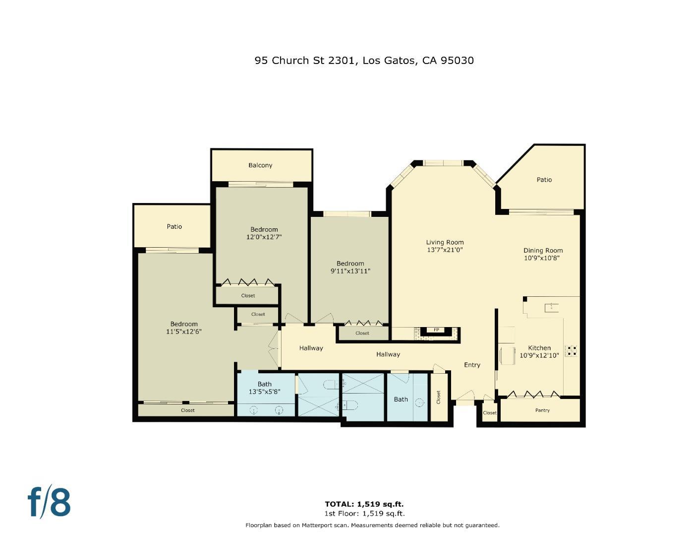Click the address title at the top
click(x=364, y=61)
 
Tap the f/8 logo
click(x=49, y=502)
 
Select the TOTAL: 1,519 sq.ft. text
click(x=364, y=504)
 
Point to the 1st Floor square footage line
click(x=364, y=514)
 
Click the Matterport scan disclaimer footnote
click(x=372, y=525)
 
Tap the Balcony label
click(x=260, y=165)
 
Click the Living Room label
click(x=445, y=242)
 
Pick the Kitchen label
click(x=539, y=348)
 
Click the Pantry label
click(x=542, y=410)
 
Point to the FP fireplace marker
click(x=436, y=330)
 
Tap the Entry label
click(x=472, y=365)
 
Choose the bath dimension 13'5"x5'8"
click(x=264, y=392)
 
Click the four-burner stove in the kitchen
click(x=571, y=350)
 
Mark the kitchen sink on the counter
click(x=551, y=308)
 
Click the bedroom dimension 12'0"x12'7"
click(x=264, y=237)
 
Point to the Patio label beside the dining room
click(x=544, y=180)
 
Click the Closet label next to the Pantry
click(x=489, y=413)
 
